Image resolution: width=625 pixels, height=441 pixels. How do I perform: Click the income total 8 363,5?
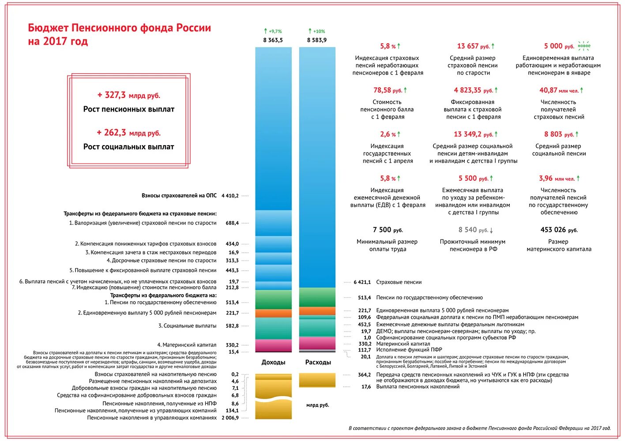[273, 40]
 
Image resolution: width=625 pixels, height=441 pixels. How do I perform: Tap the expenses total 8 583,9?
[317, 40]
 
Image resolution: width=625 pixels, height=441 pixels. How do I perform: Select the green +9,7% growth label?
[273, 31]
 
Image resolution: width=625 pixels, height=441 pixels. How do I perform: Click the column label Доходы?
[273, 362]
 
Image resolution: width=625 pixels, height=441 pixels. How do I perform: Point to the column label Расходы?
[318, 362]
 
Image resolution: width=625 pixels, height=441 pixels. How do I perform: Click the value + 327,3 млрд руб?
[128, 95]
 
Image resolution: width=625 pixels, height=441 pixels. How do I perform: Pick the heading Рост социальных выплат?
[128, 147]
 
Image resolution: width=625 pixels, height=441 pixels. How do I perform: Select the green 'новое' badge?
[584, 46]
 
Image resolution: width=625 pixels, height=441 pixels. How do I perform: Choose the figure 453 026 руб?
[559, 230]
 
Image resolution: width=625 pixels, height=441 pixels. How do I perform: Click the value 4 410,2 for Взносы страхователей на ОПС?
[230, 196]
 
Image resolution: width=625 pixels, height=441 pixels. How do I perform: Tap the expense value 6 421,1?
[362, 282]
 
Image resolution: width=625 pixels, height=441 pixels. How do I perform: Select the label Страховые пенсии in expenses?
[399, 282]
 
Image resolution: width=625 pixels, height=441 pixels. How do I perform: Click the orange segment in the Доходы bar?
[273, 313]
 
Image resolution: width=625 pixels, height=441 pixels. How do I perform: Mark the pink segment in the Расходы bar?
[317, 343]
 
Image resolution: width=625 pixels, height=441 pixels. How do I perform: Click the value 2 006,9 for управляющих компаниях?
[230, 418]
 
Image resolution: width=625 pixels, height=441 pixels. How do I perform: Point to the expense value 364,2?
[364, 375]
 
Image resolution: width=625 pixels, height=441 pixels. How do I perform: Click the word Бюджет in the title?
[48, 28]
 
